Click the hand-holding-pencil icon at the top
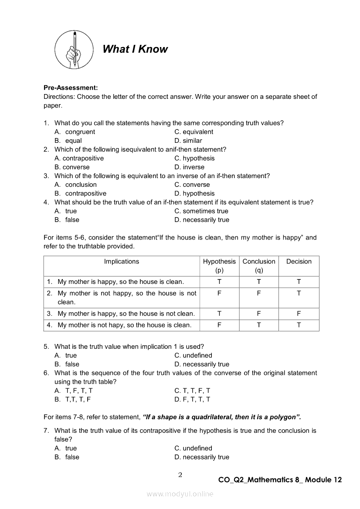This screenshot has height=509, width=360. [74, 49]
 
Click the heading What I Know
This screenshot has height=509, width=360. [135, 49]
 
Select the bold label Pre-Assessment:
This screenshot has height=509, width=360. [71, 88]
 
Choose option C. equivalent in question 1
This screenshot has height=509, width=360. [194, 132]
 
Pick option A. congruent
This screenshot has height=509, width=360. [75, 132]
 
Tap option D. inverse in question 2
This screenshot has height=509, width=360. [189, 167]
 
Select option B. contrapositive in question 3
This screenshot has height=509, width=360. [80, 193]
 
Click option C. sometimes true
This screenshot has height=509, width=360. [201, 211]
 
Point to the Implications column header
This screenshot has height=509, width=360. [122, 262]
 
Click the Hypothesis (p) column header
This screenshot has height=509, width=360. [219, 266]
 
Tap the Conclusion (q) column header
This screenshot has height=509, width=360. [259, 266]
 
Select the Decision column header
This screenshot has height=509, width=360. [299, 262]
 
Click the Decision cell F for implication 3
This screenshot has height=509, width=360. [299, 313]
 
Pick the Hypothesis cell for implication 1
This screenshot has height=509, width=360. [219, 282]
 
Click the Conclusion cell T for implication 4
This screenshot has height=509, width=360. [259, 325]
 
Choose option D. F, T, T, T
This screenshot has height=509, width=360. [192, 399]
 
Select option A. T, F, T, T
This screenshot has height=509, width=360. [74, 391]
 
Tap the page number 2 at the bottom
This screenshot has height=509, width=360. [180, 475]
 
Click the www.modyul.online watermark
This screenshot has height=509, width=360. [180, 494]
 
